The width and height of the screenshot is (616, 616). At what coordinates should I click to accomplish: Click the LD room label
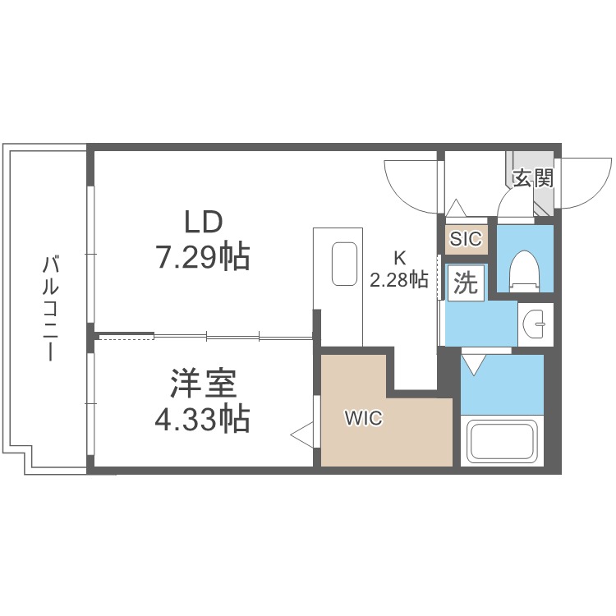(204, 222)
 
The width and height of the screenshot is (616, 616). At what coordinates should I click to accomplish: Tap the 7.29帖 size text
(204, 257)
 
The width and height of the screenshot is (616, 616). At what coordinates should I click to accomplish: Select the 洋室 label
(204, 384)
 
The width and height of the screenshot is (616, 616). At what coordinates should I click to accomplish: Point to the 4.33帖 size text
(203, 419)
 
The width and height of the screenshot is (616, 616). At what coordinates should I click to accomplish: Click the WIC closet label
(363, 418)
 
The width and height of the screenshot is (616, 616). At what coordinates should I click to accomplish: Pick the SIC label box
(467, 239)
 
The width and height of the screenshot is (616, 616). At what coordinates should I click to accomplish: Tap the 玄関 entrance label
(533, 178)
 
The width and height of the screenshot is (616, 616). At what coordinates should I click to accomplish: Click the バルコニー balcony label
(50, 308)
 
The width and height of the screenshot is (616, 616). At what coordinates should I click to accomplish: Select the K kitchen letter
(399, 258)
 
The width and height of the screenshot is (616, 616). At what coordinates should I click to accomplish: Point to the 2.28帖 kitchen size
(399, 279)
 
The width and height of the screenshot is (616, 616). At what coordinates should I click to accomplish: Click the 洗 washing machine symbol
(466, 283)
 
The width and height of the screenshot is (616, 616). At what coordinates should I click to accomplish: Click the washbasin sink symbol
(535, 324)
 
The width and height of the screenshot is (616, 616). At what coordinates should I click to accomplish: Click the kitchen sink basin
(344, 264)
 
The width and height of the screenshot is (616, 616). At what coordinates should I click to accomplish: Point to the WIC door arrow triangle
(302, 434)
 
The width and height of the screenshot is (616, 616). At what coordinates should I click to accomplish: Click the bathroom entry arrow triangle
(474, 364)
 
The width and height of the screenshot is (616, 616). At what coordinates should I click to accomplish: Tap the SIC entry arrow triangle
(456, 208)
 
